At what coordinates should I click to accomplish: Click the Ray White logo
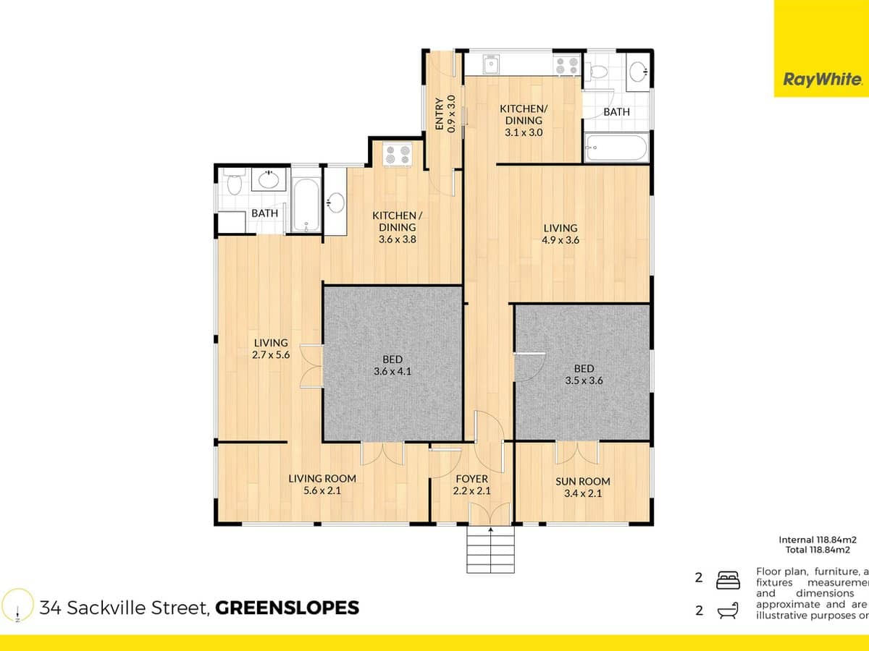pos(821,80)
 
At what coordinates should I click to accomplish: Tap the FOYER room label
pos(471,479)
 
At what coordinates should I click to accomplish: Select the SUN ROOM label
pos(582,481)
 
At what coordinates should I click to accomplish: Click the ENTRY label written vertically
pos(439,114)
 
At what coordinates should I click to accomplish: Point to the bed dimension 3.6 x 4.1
pos(392,372)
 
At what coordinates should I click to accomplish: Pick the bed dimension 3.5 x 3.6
pos(583,380)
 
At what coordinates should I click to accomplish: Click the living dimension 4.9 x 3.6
pos(561,241)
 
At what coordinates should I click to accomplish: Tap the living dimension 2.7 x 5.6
pos(271,355)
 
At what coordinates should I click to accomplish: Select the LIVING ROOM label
pos(322,478)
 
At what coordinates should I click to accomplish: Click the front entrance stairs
pos(491,551)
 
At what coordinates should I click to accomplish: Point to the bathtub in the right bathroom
pos(616,149)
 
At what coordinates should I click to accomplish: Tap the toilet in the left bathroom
pos(233,184)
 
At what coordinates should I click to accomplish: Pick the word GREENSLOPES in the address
pos(287,608)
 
